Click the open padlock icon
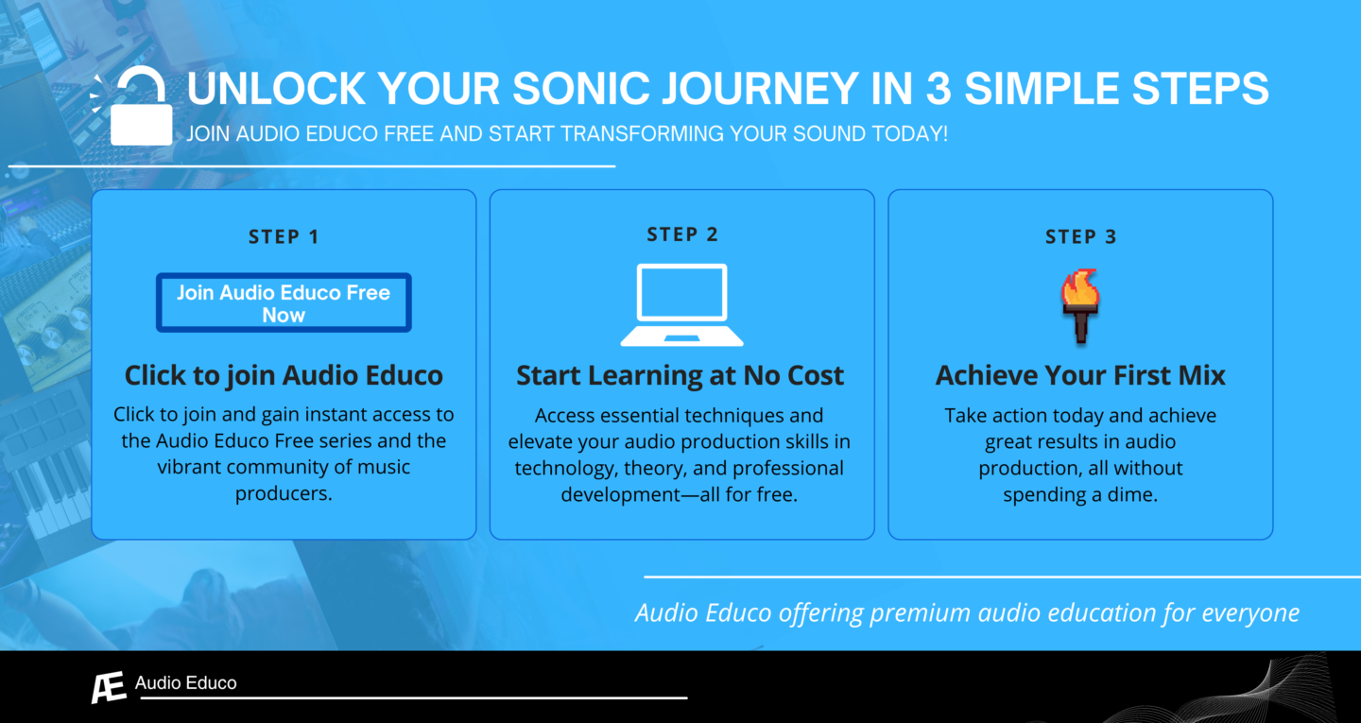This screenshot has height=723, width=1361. tap(140, 107)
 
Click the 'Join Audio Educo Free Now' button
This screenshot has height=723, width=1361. tap(284, 302)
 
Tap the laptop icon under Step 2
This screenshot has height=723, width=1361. tap(681, 305)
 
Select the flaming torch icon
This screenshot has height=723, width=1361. tap(1080, 305)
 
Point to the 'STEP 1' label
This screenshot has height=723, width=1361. tap(284, 236)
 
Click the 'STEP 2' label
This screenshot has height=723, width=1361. tap(682, 234)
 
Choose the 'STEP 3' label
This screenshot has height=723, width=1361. tap(1081, 236)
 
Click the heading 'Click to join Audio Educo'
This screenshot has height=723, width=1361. tap(284, 375)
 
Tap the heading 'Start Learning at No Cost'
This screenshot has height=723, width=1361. tap(680, 375)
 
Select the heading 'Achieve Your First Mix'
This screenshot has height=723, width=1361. tap(1080, 375)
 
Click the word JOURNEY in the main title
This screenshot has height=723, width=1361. tap(760, 89)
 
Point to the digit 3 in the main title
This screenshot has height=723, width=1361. tap(939, 89)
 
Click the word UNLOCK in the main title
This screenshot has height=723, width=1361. tap(276, 89)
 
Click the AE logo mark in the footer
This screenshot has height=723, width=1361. tap(109, 687)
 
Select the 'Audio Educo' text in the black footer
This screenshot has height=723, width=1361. tap(186, 683)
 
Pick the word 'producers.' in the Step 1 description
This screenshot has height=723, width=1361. tap(284, 494)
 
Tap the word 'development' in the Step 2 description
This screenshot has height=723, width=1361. tap(612, 494)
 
